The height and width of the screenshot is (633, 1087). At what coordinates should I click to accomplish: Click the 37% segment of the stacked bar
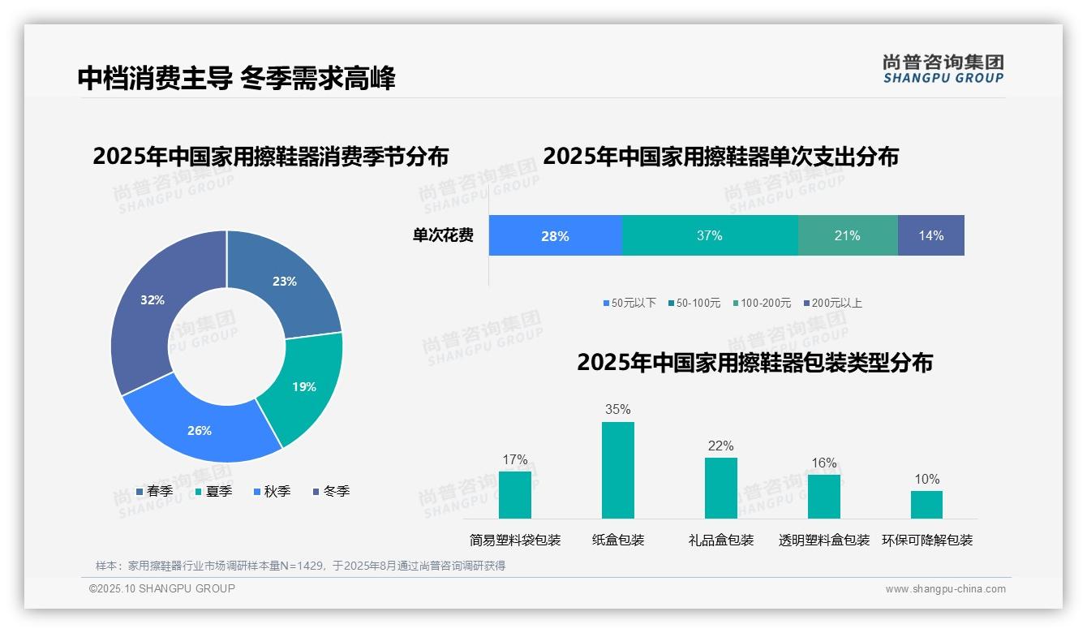(x=710, y=235)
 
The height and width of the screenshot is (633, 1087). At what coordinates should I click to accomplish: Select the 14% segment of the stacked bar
(x=931, y=235)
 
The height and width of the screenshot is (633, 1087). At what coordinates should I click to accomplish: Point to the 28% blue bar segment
(x=555, y=235)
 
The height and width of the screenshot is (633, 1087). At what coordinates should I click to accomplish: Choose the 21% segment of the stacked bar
(x=848, y=235)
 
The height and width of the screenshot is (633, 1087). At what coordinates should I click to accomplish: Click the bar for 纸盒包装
(x=617, y=470)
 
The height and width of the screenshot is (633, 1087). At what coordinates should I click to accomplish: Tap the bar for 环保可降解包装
(x=926, y=504)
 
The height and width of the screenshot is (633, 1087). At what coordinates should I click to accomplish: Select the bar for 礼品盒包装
(x=720, y=488)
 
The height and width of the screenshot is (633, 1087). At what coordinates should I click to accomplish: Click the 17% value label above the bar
(x=514, y=460)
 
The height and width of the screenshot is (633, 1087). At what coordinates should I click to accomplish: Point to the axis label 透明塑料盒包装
(x=823, y=540)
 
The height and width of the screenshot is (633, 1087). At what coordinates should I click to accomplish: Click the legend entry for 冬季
(x=332, y=491)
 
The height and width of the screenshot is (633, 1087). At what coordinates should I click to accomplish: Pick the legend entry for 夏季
(x=214, y=491)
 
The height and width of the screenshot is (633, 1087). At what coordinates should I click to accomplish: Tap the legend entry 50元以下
(x=629, y=303)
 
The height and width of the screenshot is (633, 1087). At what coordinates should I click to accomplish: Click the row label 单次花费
(x=443, y=235)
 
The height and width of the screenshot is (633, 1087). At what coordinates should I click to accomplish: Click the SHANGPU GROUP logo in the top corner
(x=943, y=69)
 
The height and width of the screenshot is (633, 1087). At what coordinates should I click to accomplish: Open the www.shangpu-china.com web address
(x=945, y=589)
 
